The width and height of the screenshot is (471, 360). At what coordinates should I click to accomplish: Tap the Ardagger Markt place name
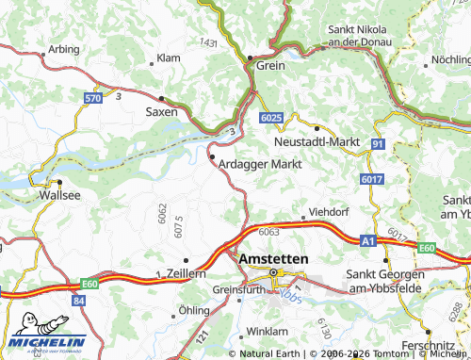[259, 163]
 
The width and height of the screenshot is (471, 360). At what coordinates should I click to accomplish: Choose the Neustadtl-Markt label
[317, 140]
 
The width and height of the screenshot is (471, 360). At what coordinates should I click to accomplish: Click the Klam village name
[168, 58]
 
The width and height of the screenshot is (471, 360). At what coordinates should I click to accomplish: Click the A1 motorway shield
[367, 242]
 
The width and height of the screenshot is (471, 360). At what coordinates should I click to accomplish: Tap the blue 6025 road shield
[270, 116]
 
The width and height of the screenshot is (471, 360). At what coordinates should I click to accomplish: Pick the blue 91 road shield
[377, 143]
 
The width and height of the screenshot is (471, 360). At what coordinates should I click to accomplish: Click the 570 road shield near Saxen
[92, 98]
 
